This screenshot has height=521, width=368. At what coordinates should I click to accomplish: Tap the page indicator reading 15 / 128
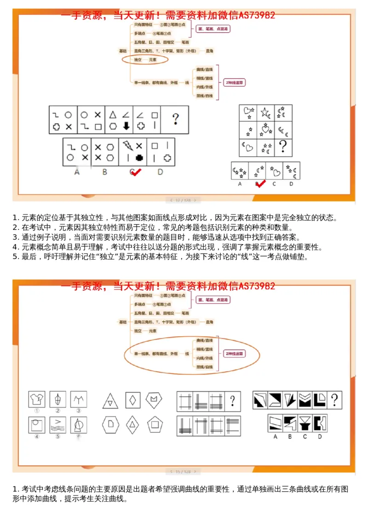184,472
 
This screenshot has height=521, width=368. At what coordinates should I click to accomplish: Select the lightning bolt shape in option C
127,146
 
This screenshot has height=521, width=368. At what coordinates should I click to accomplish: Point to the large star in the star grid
265,112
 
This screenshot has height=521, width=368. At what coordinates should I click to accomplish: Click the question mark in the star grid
283,146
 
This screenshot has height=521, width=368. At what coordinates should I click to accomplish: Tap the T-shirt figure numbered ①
36,399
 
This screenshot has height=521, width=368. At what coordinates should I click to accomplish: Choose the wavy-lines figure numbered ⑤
58,424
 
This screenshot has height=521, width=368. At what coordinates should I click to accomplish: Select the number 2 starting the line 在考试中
15,228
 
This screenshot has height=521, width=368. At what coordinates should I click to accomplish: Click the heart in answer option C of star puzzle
277,173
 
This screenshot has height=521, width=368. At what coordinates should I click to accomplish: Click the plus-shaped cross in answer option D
167,158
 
